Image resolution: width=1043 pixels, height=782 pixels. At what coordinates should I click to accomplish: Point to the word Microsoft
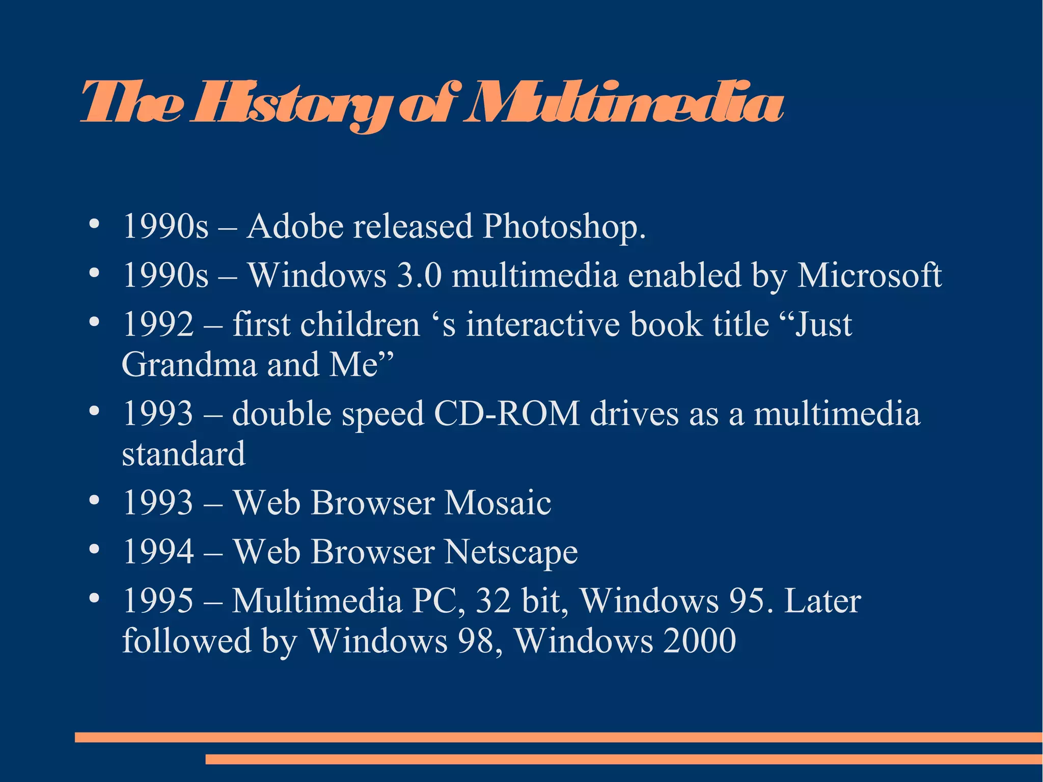869,275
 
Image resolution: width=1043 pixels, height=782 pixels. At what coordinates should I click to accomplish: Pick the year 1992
158,325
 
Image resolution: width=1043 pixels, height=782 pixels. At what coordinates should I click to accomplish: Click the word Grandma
189,364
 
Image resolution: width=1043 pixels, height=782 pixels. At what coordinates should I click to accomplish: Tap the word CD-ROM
507,413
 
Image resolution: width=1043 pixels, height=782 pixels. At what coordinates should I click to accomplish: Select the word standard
183,453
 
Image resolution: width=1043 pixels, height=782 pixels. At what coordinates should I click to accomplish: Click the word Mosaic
498,503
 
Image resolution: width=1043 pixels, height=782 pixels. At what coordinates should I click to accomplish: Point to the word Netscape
511,552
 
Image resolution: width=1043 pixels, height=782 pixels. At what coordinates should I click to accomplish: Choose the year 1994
158,552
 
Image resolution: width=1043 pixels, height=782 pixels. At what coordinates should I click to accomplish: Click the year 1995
158,601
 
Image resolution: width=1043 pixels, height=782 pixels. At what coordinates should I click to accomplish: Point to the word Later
822,601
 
